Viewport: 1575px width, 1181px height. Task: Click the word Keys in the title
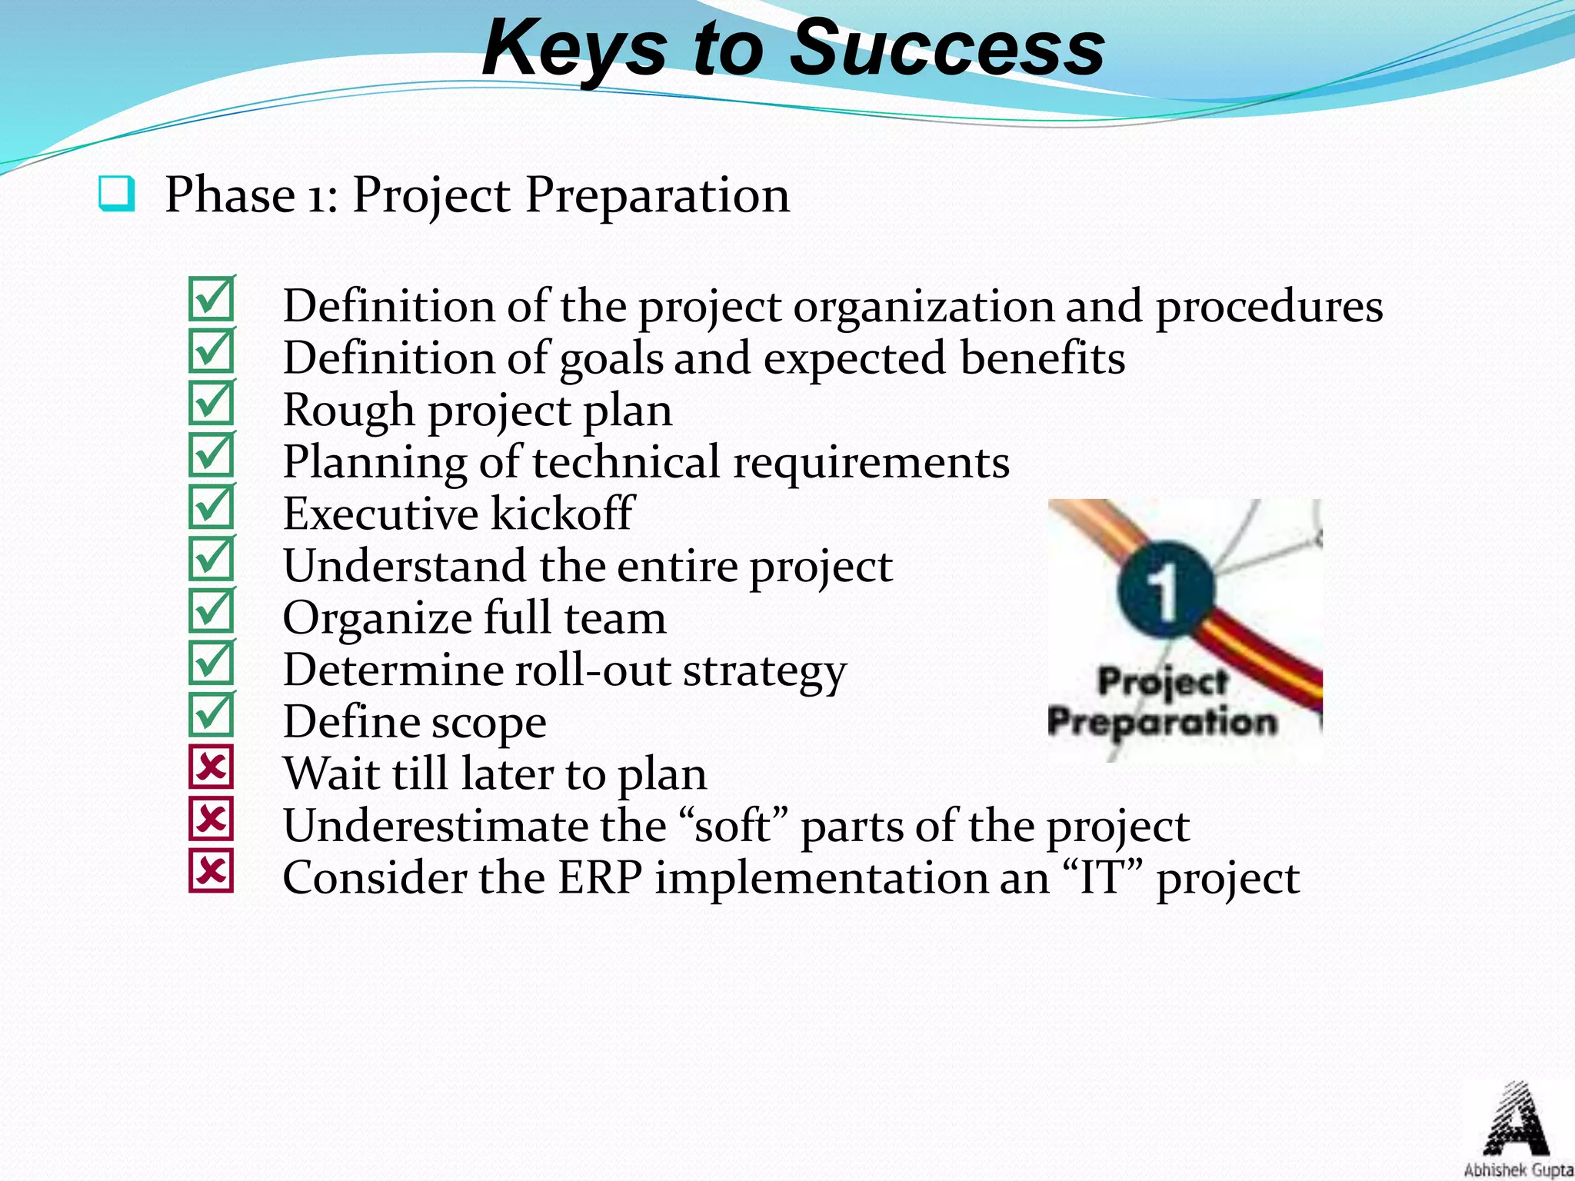coord(574,49)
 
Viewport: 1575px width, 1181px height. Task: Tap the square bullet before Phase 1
coord(117,194)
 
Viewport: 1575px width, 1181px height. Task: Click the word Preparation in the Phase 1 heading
coord(657,195)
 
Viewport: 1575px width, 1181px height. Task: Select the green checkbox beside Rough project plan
coord(211,403)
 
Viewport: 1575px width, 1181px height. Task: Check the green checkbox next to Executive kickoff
coord(211,507)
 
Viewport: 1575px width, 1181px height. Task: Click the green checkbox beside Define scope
coord(211,714)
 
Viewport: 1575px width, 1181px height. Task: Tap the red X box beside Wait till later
coord(211,767)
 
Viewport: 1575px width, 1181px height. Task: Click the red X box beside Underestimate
coord(211,819)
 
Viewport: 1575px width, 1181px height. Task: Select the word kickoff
coord(562,514)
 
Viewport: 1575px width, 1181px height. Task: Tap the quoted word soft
coord(731,826)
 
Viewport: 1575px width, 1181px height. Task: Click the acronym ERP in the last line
coord(600,878)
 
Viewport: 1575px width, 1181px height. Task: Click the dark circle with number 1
coord(1166,589)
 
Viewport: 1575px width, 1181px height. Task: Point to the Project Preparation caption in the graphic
coord(1162,702)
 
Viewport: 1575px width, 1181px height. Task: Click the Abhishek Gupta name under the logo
coord(1517,1170)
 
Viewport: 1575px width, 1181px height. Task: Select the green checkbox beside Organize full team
coord(211,610)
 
